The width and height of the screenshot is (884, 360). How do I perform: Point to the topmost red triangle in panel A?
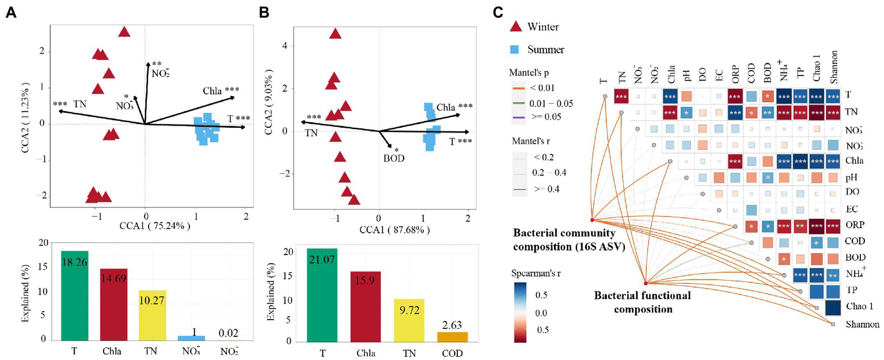124,32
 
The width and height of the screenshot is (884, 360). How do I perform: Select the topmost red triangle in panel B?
335,34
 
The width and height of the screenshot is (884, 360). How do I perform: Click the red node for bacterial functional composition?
646,283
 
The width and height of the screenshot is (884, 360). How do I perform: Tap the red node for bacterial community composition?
592,219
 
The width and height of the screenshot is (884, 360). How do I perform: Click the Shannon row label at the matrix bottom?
862,324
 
